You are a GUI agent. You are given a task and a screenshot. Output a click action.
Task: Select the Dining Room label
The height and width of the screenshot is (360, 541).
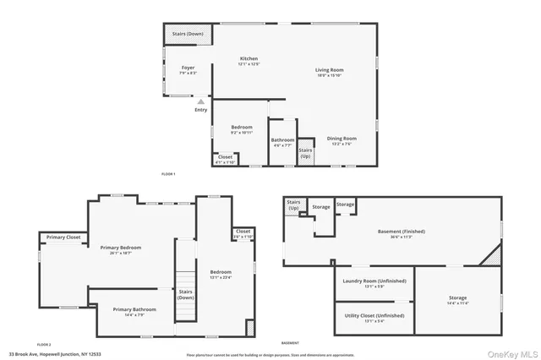click(x=342, y=140)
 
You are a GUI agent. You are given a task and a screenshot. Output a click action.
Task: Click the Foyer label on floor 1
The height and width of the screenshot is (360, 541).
click(x=188, y=70)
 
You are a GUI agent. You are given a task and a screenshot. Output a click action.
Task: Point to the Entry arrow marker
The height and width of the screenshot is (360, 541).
click(x=200, y=102)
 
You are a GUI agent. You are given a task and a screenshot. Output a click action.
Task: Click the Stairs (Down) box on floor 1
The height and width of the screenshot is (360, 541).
click(x=187, y=35)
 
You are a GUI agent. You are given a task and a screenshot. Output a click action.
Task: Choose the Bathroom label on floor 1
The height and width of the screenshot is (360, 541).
click(x=282, y=142)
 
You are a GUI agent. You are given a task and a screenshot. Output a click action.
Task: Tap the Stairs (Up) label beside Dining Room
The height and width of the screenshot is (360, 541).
click(x=305, y=153)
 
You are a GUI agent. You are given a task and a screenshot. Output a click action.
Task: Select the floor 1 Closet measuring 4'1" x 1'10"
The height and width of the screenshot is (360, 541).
click(x=225, y=159)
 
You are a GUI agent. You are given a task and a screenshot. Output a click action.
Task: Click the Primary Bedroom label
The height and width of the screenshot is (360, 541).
click(x=121, y=249)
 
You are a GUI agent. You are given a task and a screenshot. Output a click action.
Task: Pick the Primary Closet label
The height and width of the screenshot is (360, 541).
click(x=63, y=237)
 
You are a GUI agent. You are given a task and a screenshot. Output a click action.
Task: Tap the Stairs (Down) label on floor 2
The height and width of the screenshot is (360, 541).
click(x=185, y=295)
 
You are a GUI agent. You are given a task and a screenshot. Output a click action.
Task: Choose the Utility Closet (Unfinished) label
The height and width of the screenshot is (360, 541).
click(x=374, y=318)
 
